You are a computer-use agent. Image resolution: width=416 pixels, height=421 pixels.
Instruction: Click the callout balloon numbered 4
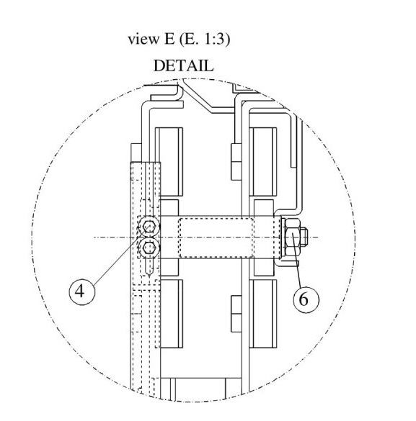coord(81,291)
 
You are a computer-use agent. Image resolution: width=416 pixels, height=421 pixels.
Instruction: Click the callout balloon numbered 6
coord(306,299)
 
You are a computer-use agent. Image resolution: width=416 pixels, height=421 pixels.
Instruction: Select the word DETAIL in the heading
coord(183,65)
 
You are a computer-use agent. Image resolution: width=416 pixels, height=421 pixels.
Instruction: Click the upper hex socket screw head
coord(149,227)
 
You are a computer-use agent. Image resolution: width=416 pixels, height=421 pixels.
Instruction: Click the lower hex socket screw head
coord(149,248)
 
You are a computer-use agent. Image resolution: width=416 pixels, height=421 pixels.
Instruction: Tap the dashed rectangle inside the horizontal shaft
coord(216,238)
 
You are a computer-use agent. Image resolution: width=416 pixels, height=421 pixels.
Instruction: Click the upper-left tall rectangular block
coord(169,162)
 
